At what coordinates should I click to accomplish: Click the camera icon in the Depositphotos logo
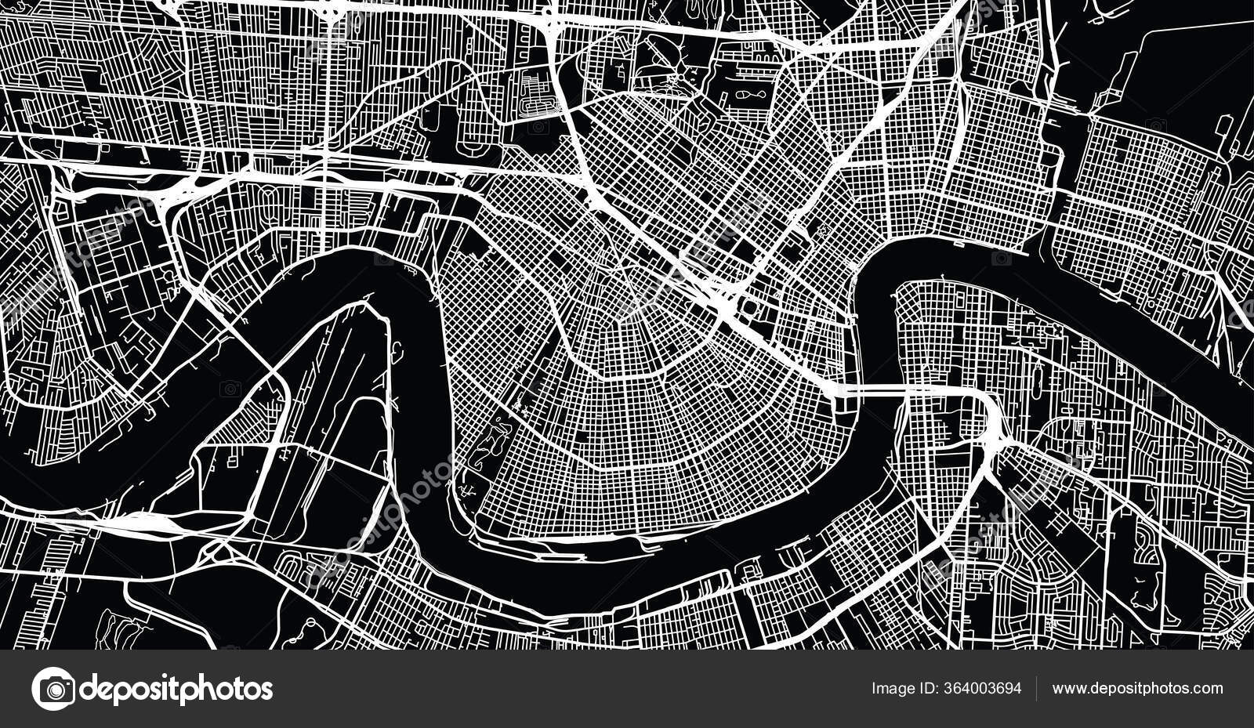pyautogui.click(x=54, y=689)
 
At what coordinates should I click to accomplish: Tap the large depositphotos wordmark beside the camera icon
pyautogui.click(x=177, y=689)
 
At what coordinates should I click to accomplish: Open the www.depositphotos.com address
pyautogui.click(x=1137, y=689)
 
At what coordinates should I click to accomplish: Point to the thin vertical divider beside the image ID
pyautogui.click(x=1036, y=689)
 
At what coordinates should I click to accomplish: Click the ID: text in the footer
pyautogui.click(x=923, y=689)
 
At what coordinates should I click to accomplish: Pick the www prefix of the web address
pyautogui.click(x=1067, y=689)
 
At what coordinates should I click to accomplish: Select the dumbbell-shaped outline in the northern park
pyautogui.click(x=745, y=95)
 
